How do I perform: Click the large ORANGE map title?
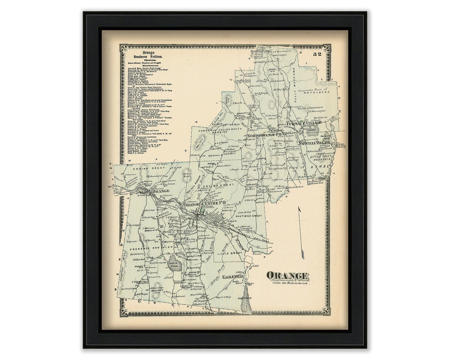pos(287,276)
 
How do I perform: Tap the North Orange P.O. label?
pos(265,136)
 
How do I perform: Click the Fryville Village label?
pos(315,143)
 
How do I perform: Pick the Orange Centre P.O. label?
pos(204,203)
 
